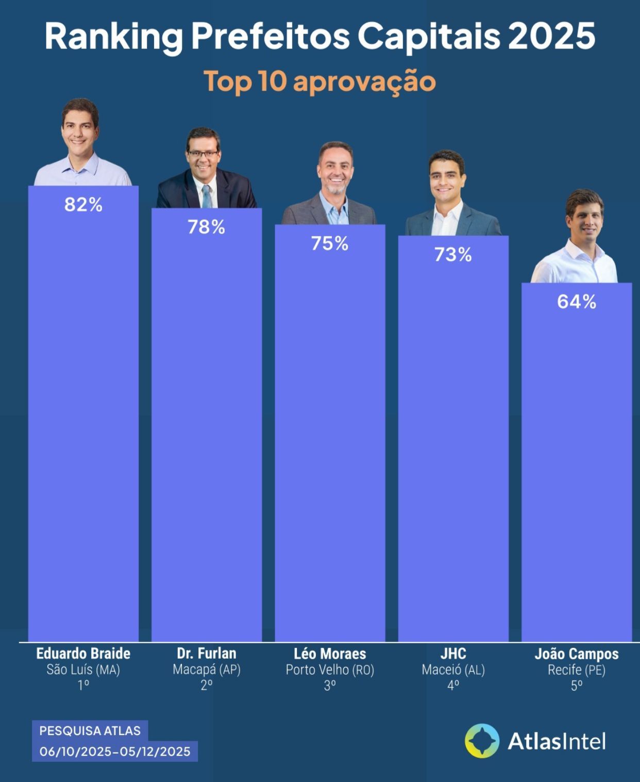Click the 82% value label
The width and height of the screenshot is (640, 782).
(83, 205)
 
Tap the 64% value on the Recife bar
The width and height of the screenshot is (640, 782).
(577, 302)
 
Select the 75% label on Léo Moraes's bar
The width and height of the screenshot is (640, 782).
(330, 243)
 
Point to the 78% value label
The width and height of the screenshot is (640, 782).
(207, 227)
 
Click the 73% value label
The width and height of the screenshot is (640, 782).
(453, 255)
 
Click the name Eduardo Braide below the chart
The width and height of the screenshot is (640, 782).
(83, 654)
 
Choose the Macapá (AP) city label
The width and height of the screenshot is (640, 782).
(207, 670)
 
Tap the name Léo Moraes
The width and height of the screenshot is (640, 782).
(330, 654)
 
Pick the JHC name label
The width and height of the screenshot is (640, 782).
(453, 654)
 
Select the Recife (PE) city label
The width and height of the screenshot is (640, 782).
(577, 670)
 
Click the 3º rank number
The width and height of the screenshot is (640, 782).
(330, 685)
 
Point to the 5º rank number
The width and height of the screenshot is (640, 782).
(577, 685)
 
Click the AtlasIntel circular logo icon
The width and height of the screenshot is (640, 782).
(482, 741)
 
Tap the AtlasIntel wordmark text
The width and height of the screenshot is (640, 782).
(557, 742)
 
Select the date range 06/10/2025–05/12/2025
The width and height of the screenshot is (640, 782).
(115, 752)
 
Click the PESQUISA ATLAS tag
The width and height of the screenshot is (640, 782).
(90, 730)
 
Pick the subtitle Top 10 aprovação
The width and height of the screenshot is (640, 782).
(320, 82)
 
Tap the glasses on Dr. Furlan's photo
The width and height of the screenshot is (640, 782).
(203, 154)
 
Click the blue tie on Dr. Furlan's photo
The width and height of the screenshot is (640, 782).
(207, 196)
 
